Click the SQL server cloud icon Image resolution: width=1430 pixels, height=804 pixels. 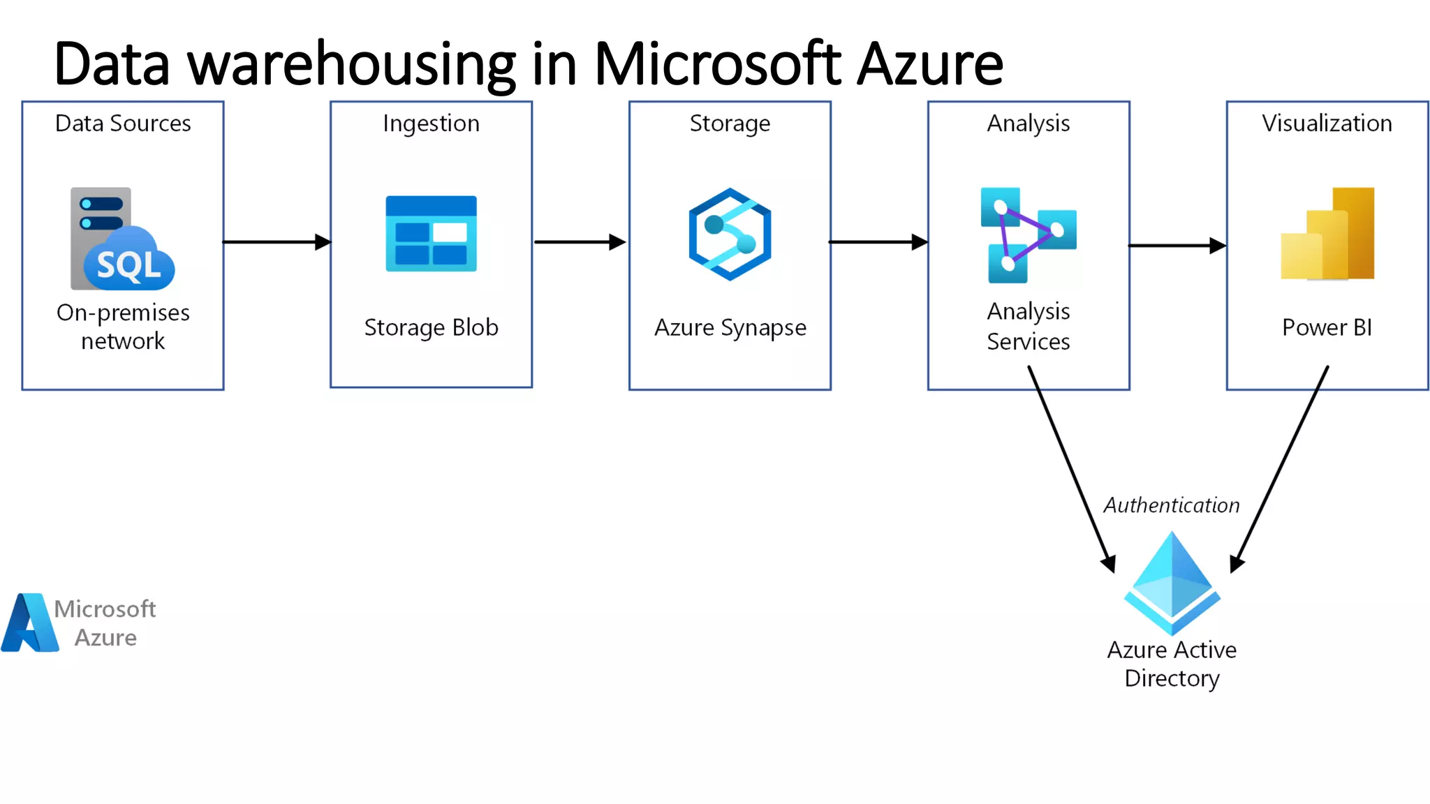[x=122, y=239]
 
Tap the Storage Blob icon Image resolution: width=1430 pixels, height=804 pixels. [x=431, y=234]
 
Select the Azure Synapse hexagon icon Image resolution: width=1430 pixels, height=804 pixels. [x=730, y=234]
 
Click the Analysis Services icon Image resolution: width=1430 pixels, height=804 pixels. [x=1028, y=235]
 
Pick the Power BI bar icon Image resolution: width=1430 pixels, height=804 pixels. [x=1327, y=234]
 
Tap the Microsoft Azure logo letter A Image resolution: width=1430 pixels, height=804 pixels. [x=29, y=623]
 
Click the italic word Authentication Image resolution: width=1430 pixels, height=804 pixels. [x=1171, y=505]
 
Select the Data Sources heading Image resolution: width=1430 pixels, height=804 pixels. [x=123, y=124]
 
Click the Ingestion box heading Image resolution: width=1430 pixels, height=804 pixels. [x=431, y=124]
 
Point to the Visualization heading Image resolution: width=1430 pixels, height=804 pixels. [x=1327, y=124]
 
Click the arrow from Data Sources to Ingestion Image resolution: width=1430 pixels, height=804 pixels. [x=277, y=242]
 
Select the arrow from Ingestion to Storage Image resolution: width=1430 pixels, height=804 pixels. [x=580, y=242]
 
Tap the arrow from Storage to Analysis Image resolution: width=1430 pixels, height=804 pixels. [x=878, y=242]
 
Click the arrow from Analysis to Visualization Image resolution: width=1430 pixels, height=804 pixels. [x=1177, y=246]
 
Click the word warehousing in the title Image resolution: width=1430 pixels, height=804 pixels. [x=352, y=65]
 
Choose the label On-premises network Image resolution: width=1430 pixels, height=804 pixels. [x=123, y=327]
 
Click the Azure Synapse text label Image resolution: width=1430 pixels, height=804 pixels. [x=730, y=327]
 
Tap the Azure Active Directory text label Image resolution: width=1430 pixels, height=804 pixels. [x=1172, y=664]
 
